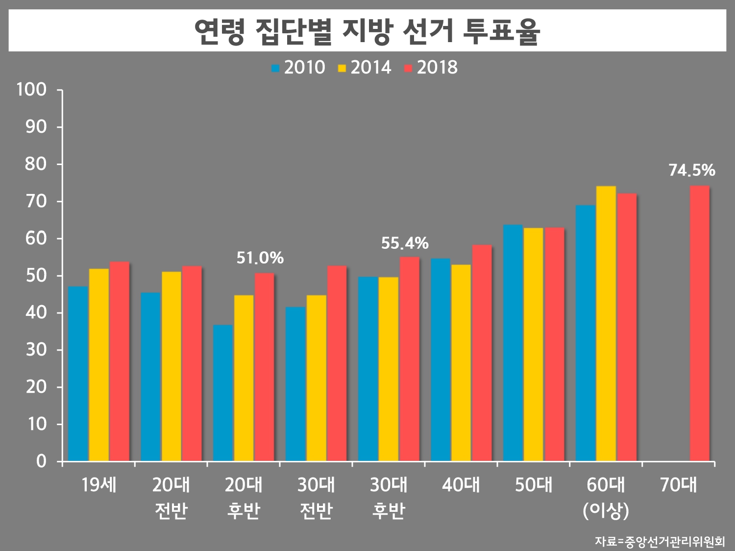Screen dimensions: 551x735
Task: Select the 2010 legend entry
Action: coord(298,68)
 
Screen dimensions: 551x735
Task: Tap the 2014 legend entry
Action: coord(365,68)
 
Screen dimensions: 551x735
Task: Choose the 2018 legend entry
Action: coord(431,68)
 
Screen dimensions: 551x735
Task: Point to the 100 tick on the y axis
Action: coord(31,90)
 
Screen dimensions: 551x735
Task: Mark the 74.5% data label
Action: coord(691,170)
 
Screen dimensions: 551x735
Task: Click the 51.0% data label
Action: coord(260,258)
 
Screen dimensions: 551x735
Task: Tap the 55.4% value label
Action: coord(405,243)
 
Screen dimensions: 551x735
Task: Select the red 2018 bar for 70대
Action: coord(699,323)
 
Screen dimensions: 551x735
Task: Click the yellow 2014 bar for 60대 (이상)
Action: coord(606,323)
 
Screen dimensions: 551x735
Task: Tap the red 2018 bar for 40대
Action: coord(482,353)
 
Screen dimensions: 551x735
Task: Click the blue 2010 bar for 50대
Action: coord(513,343)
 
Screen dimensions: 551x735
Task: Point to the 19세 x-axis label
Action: coord(98,485)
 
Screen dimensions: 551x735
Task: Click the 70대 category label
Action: coord(678,485)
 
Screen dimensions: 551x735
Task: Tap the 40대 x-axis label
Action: coord(461,485)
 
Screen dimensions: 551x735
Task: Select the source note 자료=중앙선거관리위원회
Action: coord(660,541)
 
